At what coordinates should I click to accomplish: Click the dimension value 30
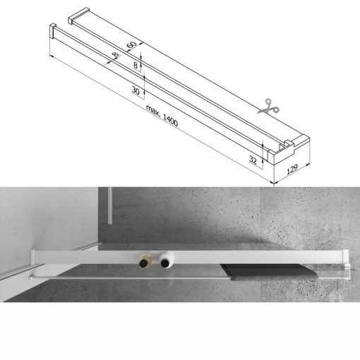tap(135, 89)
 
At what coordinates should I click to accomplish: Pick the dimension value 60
tap(131, 45)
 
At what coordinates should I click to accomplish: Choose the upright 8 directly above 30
tap(137, 64)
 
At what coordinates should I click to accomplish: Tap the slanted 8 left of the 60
tap(114, 56)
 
